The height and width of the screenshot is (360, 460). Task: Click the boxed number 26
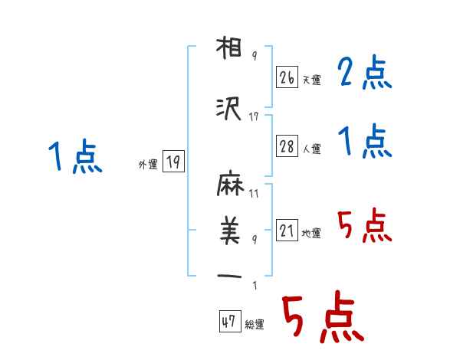point(287,77)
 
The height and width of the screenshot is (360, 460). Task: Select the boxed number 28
point(287,146)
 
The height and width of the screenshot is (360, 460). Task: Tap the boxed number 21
point(287,231)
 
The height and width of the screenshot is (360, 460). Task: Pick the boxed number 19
point(172,162)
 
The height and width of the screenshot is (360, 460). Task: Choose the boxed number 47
point(229,322)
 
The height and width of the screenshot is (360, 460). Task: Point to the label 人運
point(312,149)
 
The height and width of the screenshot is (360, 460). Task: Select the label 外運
point(148,164)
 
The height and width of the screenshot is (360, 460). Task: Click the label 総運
point(255,325)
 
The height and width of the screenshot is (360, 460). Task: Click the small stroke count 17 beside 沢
point(255,116)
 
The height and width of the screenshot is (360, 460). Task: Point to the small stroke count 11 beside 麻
point(254,193)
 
